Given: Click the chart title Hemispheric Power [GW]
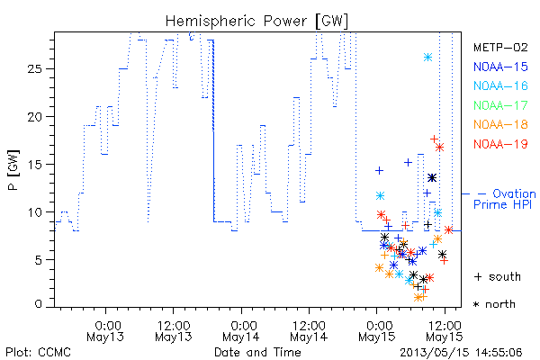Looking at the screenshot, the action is [x=256, y=21].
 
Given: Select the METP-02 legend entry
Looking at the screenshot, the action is [x=500, y=47].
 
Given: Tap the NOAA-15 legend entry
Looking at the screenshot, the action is [x=500, y=67].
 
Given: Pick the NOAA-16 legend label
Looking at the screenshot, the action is [x=500, y=85].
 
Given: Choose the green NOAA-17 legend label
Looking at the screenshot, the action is [x=500, y=105].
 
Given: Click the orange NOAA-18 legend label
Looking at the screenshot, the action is [x=500, y=124].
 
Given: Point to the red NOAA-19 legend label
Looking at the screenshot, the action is [x=500, y=144].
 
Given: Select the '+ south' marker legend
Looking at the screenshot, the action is [x=498, y=276].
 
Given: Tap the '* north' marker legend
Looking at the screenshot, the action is [x=494, y=304].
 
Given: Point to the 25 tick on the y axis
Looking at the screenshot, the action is [x=34, y=69].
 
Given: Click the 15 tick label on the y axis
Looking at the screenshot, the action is [x=34, y=165].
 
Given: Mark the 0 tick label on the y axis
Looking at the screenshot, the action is [x=38, y=304].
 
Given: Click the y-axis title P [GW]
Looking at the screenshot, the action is [x=13, y=170].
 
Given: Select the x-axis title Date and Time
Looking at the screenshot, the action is [x=257, y=352].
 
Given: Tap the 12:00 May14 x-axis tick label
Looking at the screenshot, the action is [x=309, y=331].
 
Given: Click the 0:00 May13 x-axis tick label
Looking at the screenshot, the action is [x=105, y=331].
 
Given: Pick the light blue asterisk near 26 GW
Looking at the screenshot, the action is [x=427, y=58].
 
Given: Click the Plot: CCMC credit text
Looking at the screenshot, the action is [x=38, y=353].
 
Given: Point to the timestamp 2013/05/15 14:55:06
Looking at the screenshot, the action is [x=461, y=353].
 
